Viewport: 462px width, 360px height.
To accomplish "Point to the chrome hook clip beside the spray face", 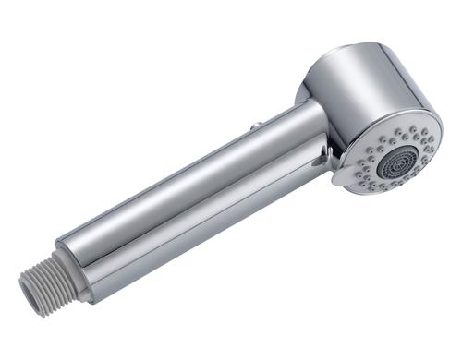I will (325, 158).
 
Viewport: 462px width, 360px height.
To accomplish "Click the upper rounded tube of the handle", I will (185, 175).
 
